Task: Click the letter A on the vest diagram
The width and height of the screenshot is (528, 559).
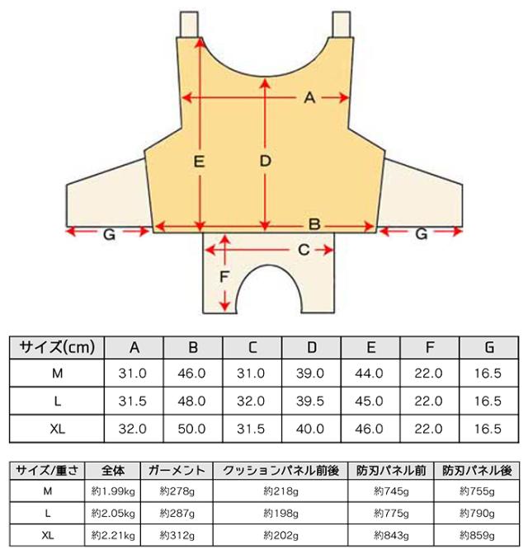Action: pyautogui.click(x=309, y=97)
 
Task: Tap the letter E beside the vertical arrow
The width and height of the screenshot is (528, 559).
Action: pyautogui.click(x=199, y=162)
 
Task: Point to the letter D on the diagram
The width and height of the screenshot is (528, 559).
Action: pyautogui.click(x=265, y=161)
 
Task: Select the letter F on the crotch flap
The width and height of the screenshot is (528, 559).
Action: pyautogui.click(x=224, y=277)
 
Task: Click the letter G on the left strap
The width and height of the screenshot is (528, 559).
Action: pyautogui.click(x=109, y=235)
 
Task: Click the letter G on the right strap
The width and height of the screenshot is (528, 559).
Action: pyautogui.click(x=422, y=234)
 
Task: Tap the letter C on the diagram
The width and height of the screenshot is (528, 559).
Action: pyautogui.click(x=304, y=250)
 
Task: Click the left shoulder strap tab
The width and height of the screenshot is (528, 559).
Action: pyautogui.click(x=189, y=24)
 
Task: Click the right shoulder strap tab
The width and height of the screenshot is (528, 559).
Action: pyautogui.click(x=342, y=24)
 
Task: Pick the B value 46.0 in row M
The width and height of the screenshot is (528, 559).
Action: pyautogui.click(x=192, y=373)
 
